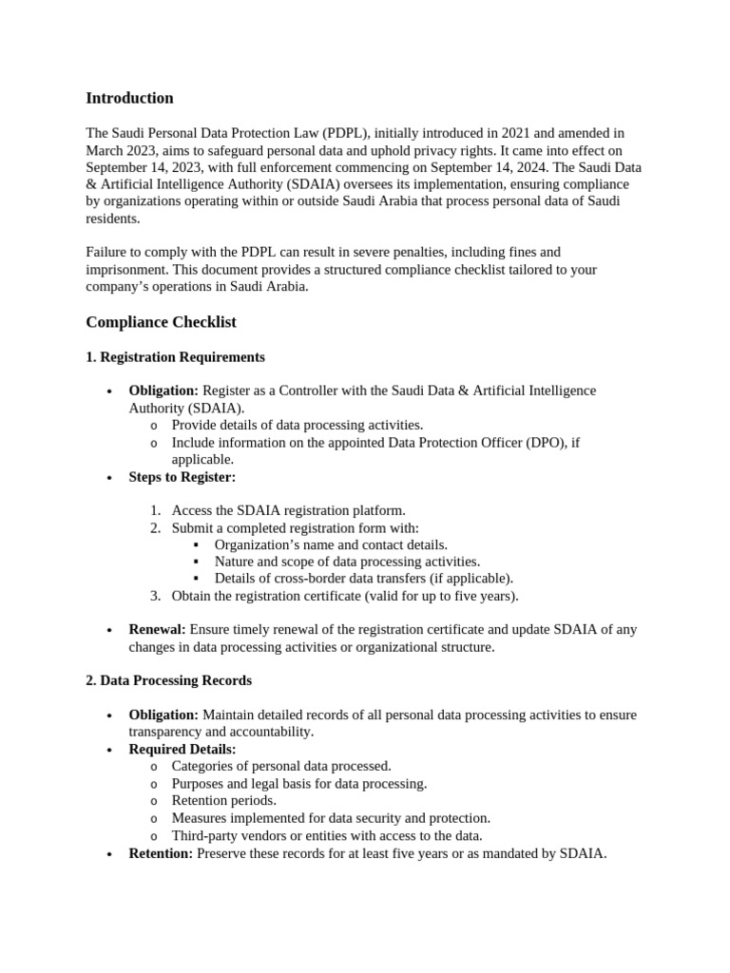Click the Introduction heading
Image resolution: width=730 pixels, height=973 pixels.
click(x=129, y=98)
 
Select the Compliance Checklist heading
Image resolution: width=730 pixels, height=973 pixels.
click(x=161, y=322)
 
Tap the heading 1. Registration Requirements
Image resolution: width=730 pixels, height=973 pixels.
click(x=175, y=357)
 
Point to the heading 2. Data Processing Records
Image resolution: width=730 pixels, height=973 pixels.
click(x=168, y=680)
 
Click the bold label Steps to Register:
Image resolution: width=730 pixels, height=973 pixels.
click(x=182, y=477)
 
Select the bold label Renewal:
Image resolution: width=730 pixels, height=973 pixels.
click(x=157, y=629)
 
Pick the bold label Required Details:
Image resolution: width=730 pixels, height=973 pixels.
click(x=182, y=749)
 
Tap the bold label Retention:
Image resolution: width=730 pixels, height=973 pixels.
click(x=161, y=853)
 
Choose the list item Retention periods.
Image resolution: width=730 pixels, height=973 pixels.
click(x=224, y=800)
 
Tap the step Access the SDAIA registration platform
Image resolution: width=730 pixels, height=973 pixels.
click(x=288, y=510)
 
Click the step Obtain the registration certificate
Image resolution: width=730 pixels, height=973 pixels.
click(x=345, y=596)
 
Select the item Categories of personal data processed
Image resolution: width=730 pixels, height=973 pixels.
click(x=281, y=766)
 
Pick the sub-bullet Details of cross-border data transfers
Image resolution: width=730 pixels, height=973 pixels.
click(x=363, y=578)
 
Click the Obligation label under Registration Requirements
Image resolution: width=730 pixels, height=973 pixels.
click(x=163, y=391)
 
